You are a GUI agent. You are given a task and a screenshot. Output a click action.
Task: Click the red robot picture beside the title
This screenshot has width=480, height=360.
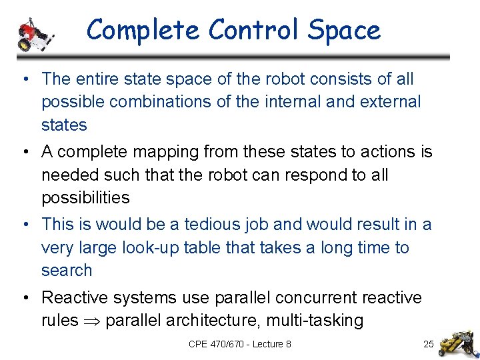click(x=33, y=33)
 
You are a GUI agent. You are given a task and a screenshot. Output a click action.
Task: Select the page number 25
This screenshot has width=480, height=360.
click(x=429, y=344)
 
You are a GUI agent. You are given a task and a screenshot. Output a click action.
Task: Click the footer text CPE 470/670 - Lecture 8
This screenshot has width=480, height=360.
click(x=240, y=344)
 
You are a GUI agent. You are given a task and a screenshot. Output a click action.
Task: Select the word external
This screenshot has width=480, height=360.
click(x=389, y=102)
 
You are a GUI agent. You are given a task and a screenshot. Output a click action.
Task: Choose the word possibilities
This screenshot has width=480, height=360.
click(x=85, y=198)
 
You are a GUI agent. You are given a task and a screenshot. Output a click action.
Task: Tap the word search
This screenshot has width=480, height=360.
click(x=67, y=271)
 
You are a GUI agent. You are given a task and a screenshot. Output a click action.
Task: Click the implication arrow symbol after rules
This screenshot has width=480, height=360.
click(x=92, y=321)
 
